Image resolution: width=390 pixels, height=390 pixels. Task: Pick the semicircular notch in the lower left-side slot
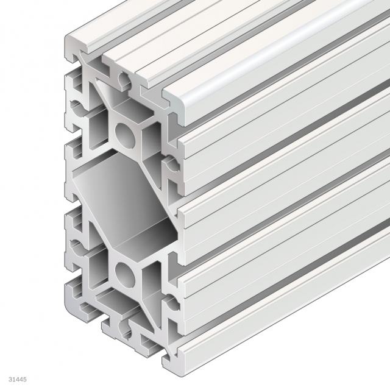[77, 246]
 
